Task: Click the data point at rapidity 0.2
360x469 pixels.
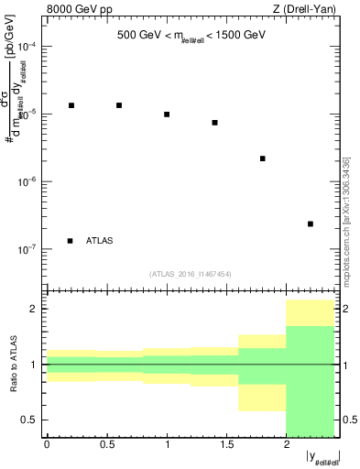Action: tap(71, 105)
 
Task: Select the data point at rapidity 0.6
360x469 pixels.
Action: tap(119, 105)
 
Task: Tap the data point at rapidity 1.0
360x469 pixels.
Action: tap(167, 115)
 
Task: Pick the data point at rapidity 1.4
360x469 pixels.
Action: tap(214, 123)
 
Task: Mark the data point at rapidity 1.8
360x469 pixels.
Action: tap(263, 158)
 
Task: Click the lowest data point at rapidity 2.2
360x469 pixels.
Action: tap(311, 224)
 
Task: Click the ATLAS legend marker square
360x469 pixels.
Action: tap(71, 241)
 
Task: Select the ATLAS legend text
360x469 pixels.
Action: tap(99, 241)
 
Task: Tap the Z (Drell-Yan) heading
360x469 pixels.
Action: tap(306, 10)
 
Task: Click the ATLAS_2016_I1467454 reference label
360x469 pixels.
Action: tap(191, 273)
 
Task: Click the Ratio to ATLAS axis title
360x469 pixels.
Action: tap(14, 364)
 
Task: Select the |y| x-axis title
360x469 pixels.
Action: tap(323, 456)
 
